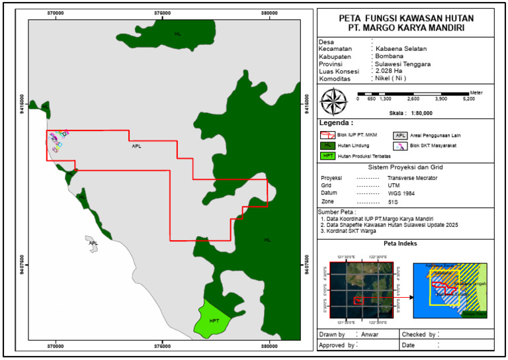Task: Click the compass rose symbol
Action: pos(335,101)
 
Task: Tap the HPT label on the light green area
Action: pos(214,321)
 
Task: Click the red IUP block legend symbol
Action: pos(327,134)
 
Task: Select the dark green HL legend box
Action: pos(327,145)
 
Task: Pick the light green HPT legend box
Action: pos(327,156)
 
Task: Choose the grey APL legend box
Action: pos(401,134)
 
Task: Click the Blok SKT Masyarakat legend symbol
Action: pos(401,145)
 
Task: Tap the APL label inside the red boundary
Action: pos(136,146)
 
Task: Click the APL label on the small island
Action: pos(93,243)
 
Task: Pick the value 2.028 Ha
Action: pos(388,71)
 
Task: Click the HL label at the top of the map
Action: pos(177,33)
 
